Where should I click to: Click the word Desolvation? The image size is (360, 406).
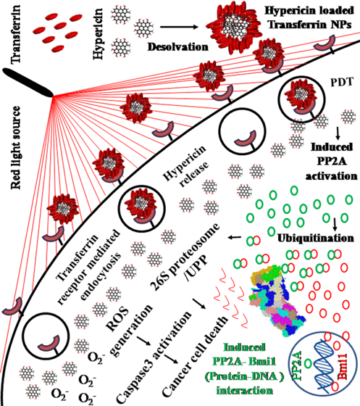coord(178,47)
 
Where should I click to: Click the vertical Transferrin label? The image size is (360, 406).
coord(15,35)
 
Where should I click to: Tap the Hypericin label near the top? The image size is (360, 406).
coord(98,34)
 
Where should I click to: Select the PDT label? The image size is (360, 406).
coord(342,82)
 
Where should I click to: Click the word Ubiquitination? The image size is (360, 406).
coord(316,238)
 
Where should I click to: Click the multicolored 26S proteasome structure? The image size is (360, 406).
coord(276,302)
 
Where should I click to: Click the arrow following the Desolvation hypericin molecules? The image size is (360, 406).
coord(179,27)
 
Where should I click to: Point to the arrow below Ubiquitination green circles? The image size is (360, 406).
coord(335,224)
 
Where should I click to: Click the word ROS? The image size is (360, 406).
coord(117,319)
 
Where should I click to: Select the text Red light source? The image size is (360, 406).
coord(15,148)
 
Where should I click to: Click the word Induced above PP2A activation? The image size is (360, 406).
coord(332,147)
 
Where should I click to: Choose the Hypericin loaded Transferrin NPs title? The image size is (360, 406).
coord(309,17)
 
